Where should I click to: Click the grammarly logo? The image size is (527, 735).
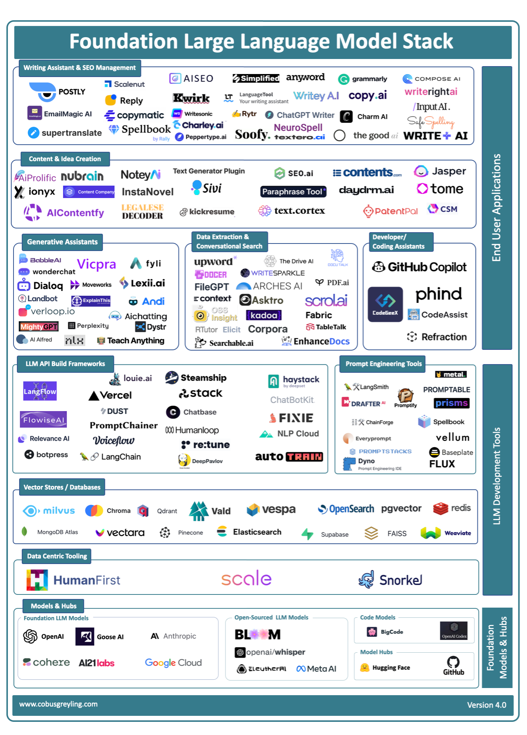[363, 79]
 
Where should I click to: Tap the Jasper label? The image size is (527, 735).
[449, 171]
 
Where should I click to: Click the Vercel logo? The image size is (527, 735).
[110, 395]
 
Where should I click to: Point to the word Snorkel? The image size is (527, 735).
[401, 580]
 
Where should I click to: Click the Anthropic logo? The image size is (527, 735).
[173, 636]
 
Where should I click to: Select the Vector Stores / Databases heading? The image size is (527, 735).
[62, 487]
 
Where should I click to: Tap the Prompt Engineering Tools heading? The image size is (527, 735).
[383, 364]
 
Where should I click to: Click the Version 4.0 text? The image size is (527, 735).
[486, 705]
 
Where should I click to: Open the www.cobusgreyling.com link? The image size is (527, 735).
[59, 704]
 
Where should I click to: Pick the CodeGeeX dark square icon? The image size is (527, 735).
[385, 304]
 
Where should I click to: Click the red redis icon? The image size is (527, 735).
[441, 508]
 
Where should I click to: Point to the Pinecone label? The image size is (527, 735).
[190, 532]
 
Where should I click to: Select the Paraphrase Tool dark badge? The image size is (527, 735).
[293, 192]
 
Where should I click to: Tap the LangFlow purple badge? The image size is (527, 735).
[40, 391]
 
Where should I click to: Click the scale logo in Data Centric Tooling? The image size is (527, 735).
[246, 579]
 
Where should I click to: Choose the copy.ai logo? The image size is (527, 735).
[367, 96]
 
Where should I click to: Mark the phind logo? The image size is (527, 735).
[438, 294]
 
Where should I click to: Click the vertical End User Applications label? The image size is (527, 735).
[497, 207]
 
